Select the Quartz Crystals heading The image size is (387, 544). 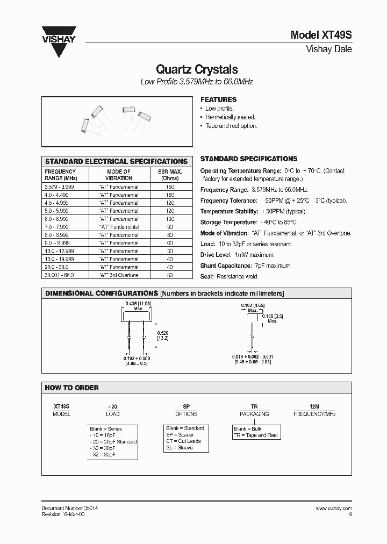(197, 69)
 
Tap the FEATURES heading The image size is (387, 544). (218, 99)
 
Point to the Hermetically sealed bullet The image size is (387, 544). (230, 117)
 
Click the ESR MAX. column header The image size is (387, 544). (170, 175)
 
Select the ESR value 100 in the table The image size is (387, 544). (170, 219)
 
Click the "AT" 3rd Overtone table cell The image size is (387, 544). (119, 275)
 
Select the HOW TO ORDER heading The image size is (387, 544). (72, 388)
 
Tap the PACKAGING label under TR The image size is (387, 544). (254, 414)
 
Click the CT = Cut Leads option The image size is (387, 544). (183, 441)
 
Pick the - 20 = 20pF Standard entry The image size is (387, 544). (113, 442)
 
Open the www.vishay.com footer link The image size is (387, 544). (333, 508)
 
